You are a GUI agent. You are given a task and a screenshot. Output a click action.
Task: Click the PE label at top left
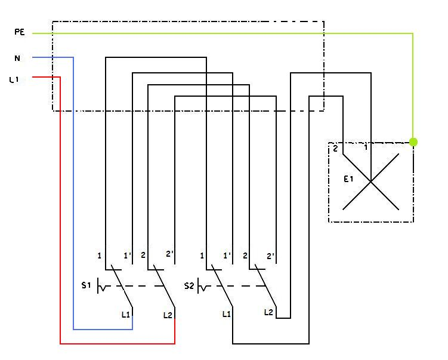click(x=18, y=32)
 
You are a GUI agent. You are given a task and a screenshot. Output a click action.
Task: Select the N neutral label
click(x=17, y=58)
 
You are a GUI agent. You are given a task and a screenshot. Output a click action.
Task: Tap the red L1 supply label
click(x=14, y=79)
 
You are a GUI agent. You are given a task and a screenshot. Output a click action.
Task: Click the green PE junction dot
click(x=413, y=142)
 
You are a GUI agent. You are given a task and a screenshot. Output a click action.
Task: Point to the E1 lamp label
click(x=349, y=178)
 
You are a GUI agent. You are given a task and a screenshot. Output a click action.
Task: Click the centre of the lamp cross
click(x=371, y=181)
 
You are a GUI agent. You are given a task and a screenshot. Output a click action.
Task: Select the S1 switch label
click(x=86, y=285)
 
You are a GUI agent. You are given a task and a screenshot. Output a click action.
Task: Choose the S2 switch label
click(x=189, y=285)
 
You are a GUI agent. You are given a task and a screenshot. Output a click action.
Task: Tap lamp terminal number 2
click(x=335, y=149)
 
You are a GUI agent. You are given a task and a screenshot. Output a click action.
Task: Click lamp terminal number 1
click(x=366, y=147)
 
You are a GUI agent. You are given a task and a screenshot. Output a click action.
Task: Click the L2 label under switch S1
click(x=168, y=314)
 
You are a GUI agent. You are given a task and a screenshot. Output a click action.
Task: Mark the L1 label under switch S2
click(x=227, y=313)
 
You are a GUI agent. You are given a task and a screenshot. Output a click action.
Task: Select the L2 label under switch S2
click(x=268, y=312)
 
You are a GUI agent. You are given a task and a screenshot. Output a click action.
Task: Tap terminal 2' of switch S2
click(x=271, y=256)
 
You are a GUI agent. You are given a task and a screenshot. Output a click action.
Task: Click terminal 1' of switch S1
click(x=127, y=256)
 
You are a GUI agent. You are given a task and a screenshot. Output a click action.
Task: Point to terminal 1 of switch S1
click(x=99, y=256)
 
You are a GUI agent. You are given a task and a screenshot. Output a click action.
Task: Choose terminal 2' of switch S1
click(x=169, y=254)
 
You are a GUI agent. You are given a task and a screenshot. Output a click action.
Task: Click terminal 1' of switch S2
click(x=227, y=256)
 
